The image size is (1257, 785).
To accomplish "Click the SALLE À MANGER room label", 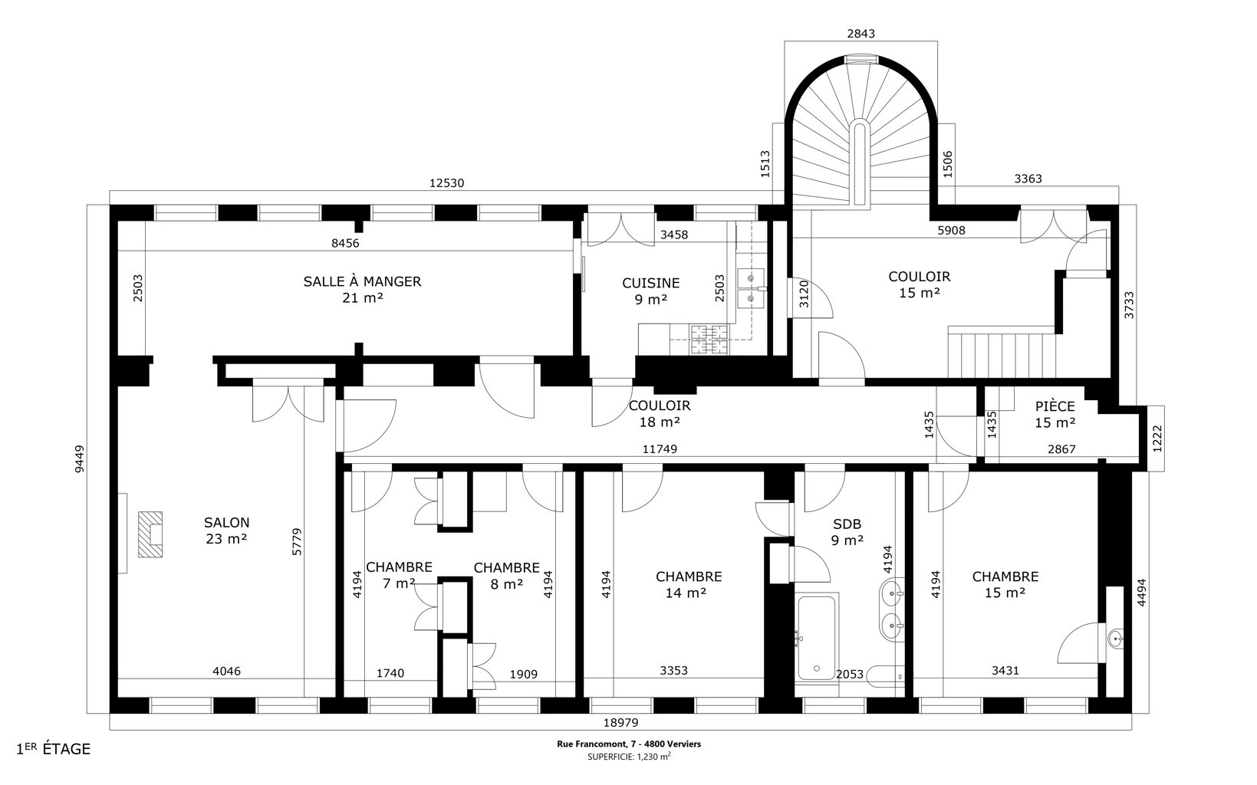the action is (362, 290).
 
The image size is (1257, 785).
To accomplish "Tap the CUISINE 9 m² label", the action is (651, 291).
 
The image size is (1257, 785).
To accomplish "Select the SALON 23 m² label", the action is (227, 530).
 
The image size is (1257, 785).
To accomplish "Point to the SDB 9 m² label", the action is (847, 532).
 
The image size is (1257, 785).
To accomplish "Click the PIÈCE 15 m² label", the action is (1055, 414).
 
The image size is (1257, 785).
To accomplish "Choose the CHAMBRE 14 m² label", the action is (689, 585).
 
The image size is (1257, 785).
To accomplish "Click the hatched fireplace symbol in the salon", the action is (150, 534).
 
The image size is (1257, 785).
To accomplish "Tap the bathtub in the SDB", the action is (817, 637).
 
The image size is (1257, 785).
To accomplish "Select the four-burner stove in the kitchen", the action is (709, 340).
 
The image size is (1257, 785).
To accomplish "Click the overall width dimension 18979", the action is (620, 723).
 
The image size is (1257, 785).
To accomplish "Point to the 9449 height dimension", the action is (80, 459).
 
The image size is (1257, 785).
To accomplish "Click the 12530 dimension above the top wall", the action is (446, 183).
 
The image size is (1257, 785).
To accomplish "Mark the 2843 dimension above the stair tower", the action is (860, 34).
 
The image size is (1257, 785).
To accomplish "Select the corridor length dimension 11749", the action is (660, 449).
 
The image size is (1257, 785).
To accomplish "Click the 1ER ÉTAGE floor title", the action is (54, 749).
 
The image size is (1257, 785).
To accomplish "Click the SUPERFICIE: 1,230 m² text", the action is (629, 757).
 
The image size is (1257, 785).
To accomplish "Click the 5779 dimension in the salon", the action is (297, 541).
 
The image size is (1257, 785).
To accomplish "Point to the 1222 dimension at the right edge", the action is (1157, 438).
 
